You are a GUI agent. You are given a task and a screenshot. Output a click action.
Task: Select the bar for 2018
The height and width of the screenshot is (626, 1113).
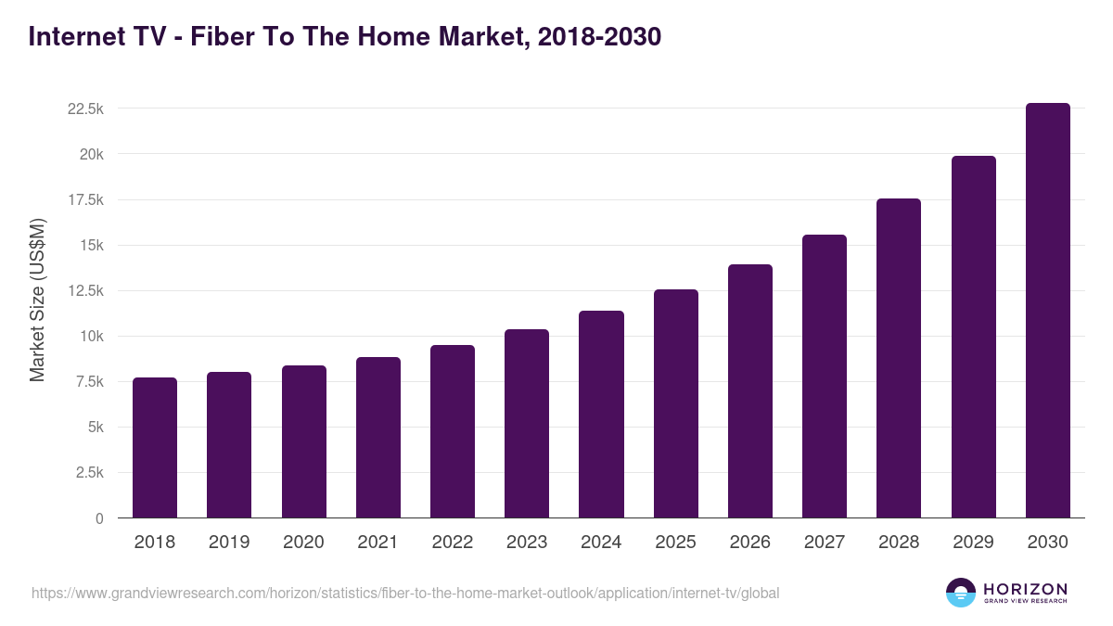(155, 448)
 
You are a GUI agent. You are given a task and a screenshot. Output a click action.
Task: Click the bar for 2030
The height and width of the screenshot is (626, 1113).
(1047, 311)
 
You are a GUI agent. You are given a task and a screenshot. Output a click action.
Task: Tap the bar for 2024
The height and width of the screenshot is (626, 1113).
(601, 415)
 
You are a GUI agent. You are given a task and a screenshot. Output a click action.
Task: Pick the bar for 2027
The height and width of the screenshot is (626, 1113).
(824, 377)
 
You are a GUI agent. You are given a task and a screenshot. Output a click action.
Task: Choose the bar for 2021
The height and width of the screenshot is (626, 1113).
(378, 438)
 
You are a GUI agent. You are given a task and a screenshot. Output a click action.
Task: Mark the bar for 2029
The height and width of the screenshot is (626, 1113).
(973, 337)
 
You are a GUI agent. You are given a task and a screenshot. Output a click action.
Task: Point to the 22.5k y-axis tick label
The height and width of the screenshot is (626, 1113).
(85, 109)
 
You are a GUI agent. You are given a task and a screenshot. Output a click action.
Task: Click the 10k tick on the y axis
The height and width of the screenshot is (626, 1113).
(90, 337)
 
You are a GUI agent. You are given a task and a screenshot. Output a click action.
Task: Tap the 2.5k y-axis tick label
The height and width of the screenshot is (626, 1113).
(89, 473)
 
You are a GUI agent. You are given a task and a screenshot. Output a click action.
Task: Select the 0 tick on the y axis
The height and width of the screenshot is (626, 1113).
(99, 518)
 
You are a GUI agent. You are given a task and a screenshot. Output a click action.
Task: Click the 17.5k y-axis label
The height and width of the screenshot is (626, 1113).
(85, 199)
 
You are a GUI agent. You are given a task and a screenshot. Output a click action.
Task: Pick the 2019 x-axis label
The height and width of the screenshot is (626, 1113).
(229, 543)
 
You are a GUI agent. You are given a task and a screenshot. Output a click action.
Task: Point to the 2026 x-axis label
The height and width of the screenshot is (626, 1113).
(749, 543)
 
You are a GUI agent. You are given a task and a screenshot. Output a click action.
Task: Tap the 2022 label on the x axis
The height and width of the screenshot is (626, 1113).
(452, 543)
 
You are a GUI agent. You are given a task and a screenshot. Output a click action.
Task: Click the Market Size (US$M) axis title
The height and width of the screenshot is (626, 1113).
(37, 300)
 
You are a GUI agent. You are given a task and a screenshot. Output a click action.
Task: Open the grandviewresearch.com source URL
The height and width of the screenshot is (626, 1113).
(405, 593)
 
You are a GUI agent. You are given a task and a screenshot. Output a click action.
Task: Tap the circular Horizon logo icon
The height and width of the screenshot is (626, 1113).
(960, 593)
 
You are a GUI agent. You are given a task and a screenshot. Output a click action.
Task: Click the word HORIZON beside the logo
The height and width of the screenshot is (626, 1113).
(1025, 589)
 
